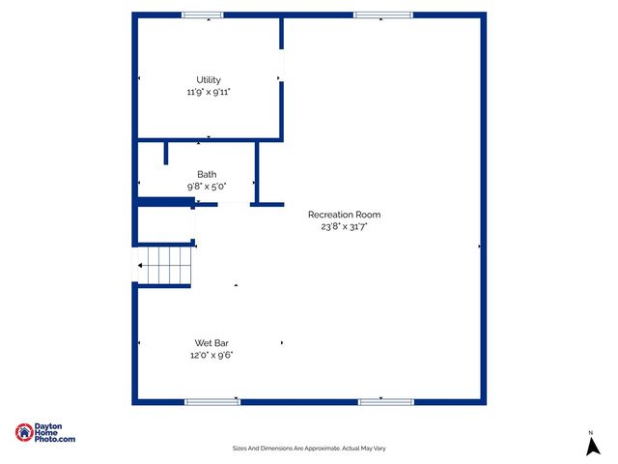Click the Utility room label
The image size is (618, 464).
click(x=209, y=80)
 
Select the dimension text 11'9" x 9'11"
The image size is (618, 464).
click(x=209, y=92)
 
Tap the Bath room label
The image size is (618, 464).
click(x=207, y=174)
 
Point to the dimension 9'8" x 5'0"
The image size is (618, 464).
click(x=207, y=186)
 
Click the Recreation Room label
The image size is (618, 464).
click(x=344, y=215)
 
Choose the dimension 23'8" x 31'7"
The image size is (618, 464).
click(x=345, y=226)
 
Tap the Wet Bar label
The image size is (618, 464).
click(x=211, y=343)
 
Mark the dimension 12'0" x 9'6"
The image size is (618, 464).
click(x=211, y=355)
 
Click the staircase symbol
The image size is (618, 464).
click(x=165, y=264)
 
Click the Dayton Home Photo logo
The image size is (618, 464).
click(x=44, y=433)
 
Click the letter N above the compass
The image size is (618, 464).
click(x=591, y=431)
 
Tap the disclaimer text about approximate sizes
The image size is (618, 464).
click(x=309, y=448)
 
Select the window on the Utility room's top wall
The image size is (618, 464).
click(x=203, y=15)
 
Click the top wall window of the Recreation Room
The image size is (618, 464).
click(x=382, y=15)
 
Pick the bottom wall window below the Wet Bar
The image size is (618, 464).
click(x=212, y=401)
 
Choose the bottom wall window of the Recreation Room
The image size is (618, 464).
click(x=386, y=401)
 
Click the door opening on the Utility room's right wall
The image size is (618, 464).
click(x=282, y=65)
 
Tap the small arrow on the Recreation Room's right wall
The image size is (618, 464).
click(x=479, y=246)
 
